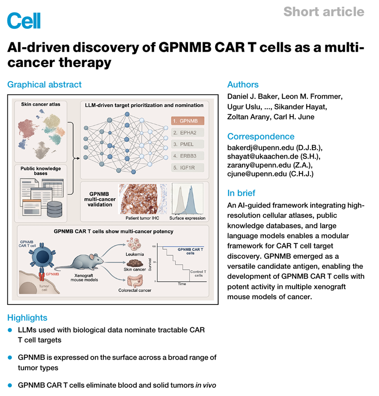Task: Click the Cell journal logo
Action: pyautogui.click(x=24, y=21)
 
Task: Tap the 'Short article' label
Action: pyautogui.click(x=324, y=12)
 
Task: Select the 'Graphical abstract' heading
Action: pyautogui.click(x=44, y=85)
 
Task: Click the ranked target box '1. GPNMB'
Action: pyautogui.click(x=188, y=121)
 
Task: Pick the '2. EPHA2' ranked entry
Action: pyautogui.click(x=188, y=133)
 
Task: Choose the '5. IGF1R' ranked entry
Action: pyautogui.click(x=188, y=167)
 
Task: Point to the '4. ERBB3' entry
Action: pyautogui.click(x=188, y=156)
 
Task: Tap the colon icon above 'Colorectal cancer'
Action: pyautogui.click(x=135, y=281)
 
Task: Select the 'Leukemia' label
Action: pyautogui.click(x=135, y=254)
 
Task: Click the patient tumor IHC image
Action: pyautogui.click(x=142, y=199)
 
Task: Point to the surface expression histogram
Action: pyautogui.click(x=188, y=199)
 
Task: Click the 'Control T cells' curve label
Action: pyautogui.click(x=198, y=273)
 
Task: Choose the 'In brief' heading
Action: pyautogui.click(x=241, y=193)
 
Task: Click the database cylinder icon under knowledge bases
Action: pyautogui.click(x=55, y=209)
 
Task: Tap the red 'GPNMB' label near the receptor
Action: pyautogui.click(x=52, y=274)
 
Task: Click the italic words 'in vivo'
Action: pyautogui.click(x=205, y=385)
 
